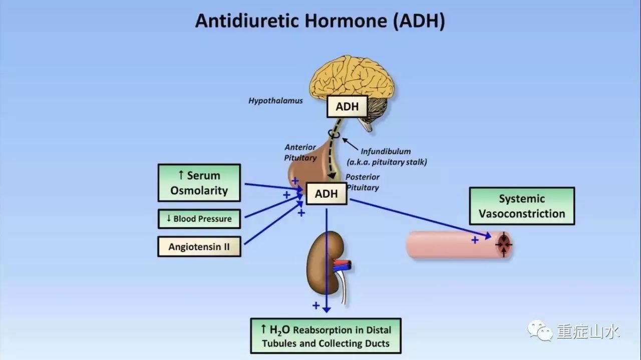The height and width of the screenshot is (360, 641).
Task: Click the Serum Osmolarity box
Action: coord(199,183)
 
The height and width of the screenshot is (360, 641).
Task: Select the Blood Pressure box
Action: coord(199,219)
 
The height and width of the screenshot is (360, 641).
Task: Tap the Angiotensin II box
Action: coord(199,246)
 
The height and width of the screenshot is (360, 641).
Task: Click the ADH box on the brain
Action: coord(347,107)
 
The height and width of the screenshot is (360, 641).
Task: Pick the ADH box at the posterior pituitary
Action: coord(326,194)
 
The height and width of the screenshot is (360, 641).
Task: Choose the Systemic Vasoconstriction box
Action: coord(521,206)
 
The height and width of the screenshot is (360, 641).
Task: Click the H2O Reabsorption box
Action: coord(326,336)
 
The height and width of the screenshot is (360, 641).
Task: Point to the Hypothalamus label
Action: coord(275,101)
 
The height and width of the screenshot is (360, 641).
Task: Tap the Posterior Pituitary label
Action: coord(363,182)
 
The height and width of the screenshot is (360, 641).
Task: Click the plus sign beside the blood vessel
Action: coord(475,240)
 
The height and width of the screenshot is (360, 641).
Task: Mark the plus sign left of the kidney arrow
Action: coord(316,305)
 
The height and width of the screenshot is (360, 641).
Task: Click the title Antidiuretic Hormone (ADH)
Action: coord(320,21)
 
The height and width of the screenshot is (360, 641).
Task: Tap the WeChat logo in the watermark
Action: coord(539,330)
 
